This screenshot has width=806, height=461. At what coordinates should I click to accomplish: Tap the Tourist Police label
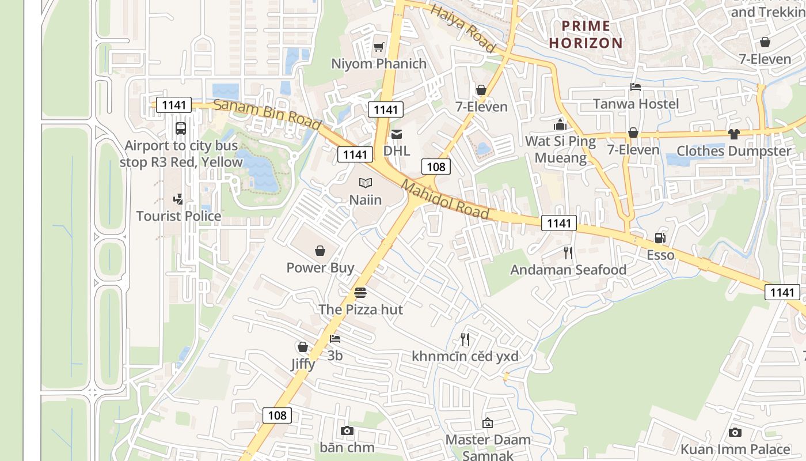(178, 216)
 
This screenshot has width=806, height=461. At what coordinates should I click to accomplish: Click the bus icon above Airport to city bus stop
(180, 128)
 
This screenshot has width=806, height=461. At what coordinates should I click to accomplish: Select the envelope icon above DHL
(397, 134)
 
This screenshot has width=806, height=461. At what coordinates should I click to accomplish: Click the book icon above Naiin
(366, 183)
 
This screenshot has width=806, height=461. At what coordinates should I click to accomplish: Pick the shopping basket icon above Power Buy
(320, 251)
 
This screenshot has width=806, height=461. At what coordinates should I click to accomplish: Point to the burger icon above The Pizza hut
(360, 293)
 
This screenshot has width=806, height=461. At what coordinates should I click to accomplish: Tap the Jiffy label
(302, 364)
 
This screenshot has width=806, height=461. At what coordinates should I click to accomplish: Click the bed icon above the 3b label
(335, 339)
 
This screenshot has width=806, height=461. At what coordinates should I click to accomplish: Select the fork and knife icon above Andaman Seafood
(568, 252)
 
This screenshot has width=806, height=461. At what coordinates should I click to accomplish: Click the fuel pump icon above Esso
(660, 238)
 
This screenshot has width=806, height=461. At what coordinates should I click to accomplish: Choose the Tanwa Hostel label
(636, 104)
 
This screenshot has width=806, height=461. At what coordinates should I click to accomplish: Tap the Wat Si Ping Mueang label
(560, 149)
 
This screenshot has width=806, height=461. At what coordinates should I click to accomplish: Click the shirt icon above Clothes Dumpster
(733, 134)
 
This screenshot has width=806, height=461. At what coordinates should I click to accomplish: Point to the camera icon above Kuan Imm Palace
(735, 432)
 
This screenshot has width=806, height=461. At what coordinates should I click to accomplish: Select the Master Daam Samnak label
(488, 447)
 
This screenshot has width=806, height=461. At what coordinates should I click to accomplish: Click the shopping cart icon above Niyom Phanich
(378, 47)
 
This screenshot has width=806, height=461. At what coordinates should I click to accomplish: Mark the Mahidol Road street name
(445, 200)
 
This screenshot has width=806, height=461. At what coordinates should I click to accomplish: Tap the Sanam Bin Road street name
(267, 114)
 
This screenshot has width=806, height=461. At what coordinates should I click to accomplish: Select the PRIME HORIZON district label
(586, 34)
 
